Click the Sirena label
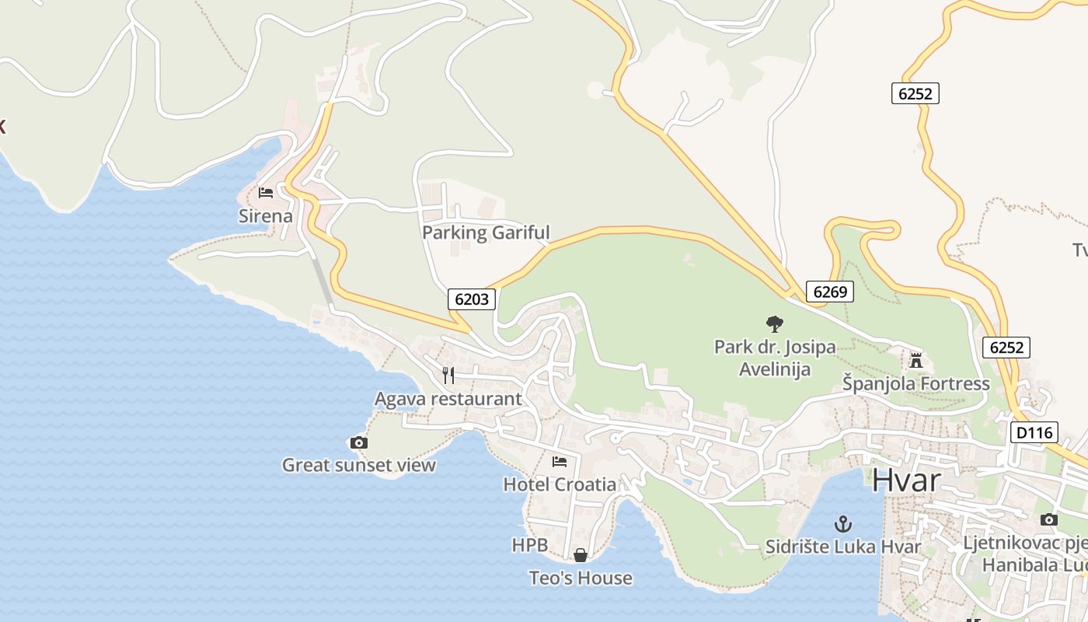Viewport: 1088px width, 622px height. coord(266,216)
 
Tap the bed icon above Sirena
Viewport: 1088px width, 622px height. coord(266,192)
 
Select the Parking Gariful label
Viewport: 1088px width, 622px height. coord(486,232)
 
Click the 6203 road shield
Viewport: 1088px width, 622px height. coord(472,299)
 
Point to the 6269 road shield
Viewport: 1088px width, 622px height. coord(830,292)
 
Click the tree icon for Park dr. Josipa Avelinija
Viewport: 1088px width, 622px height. coord(775,323)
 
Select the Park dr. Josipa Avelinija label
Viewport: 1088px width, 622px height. coord(775,358)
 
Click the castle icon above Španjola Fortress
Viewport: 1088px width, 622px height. coord(916,361)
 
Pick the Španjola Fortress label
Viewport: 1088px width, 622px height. coord(916,383)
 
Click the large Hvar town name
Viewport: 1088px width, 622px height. coord(906,480)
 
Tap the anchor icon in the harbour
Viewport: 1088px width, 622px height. coord(843,524)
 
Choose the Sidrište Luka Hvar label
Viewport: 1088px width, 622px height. coord(843,547)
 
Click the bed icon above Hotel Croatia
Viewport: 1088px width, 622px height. coord(560,462)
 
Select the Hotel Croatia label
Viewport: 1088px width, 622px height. coord(560,484)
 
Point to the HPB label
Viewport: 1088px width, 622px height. coord(530,545)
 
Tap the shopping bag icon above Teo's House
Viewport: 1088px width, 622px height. coord(581,555)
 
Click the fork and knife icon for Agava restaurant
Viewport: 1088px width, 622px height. coord(448,376)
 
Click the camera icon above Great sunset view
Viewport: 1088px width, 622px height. coord(359,443)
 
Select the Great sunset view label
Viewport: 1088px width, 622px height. coord(359,466)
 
